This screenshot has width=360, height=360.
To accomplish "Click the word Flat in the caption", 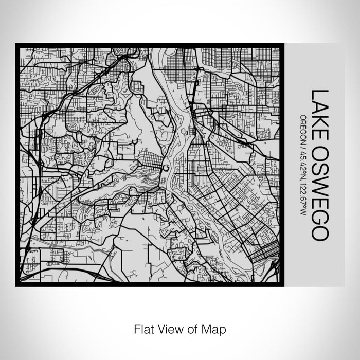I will pos(143,328).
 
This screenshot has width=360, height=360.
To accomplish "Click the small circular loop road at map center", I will pos(166,168).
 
